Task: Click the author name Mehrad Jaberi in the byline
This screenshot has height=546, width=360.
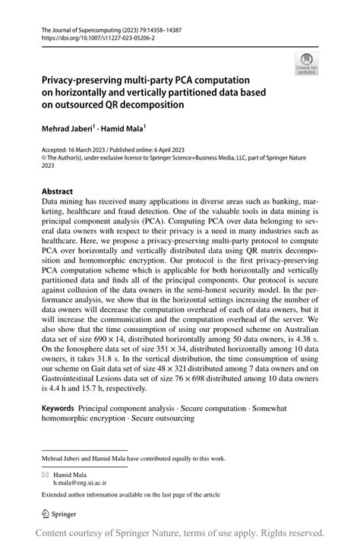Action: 67,131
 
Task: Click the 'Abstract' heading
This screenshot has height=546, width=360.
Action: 58,192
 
